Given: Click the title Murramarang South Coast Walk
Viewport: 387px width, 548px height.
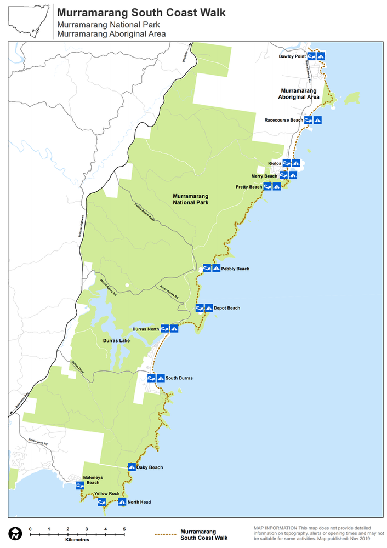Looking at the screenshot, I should pos(141,12).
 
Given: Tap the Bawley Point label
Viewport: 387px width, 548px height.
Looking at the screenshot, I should pos(292,56).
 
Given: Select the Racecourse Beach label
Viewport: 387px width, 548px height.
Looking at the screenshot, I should pos(283,120).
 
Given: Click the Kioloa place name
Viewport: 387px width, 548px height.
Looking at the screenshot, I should pos(275,163).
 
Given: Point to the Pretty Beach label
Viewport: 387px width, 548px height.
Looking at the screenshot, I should pos(249,187).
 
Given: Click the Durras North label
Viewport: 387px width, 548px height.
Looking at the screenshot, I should pos(146,329).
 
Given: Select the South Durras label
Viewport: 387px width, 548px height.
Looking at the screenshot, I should pos(179,378).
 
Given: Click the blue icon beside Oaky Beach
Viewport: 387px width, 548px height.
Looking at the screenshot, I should pos(132,467).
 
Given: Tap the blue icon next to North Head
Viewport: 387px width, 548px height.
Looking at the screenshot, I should pos(122,501).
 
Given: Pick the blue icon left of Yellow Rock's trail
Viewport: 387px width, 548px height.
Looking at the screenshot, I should pos(101,501).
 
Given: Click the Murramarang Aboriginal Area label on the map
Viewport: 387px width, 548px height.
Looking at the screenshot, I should pos(299,93).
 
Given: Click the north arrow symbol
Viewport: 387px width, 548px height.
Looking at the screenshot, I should pos(15,533).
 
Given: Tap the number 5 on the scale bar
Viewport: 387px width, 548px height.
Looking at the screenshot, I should pos(124,529).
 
